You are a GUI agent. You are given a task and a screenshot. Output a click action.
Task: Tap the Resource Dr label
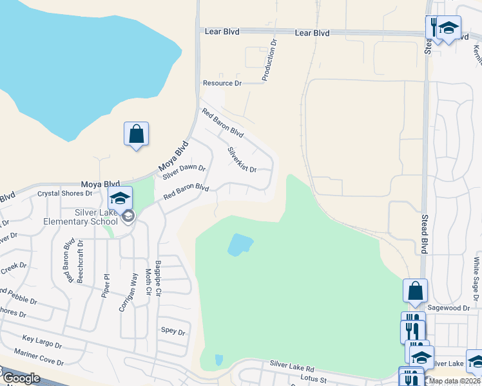222,84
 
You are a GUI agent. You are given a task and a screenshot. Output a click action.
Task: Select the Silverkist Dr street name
242,160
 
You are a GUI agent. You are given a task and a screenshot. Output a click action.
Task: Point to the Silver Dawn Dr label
184,172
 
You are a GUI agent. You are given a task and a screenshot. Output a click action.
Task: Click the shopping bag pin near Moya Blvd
136,134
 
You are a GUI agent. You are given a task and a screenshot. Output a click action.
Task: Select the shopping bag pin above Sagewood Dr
415,291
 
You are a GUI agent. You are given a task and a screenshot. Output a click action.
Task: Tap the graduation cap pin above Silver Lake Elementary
120,199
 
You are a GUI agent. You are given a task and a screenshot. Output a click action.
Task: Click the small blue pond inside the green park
240,244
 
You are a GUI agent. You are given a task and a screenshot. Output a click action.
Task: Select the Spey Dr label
173,332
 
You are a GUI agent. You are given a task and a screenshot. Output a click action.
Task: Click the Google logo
21,378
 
